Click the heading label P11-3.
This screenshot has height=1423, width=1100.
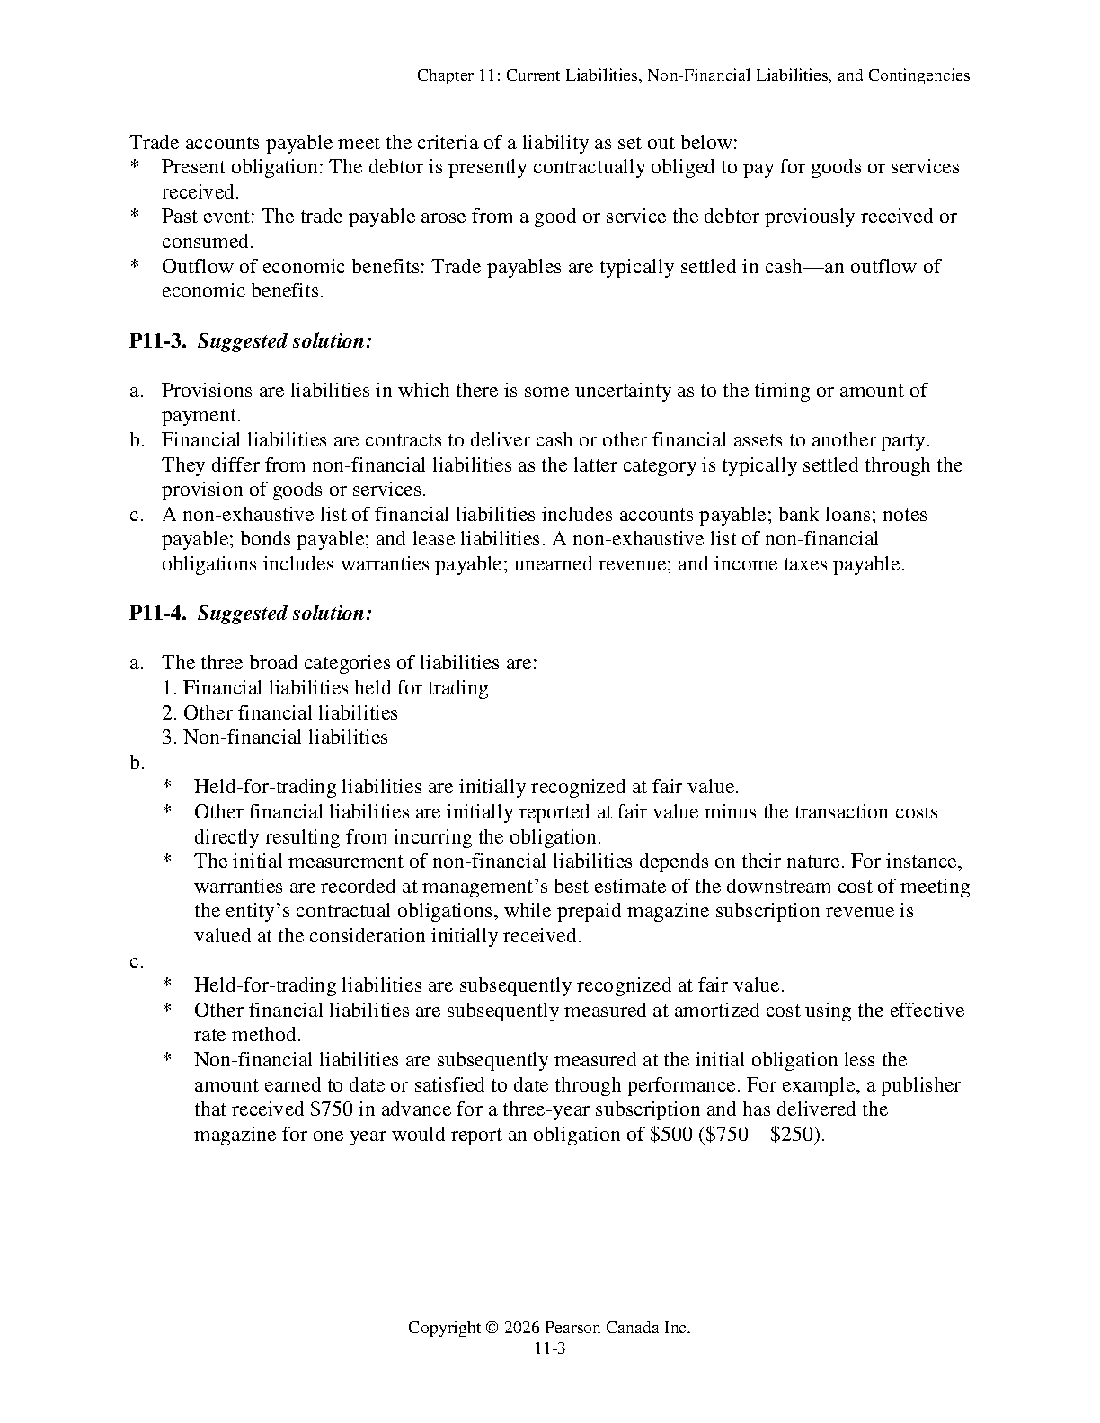coord(157,341)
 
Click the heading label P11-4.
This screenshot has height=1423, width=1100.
coord(157,614)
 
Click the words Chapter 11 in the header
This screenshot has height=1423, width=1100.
coord(457,75)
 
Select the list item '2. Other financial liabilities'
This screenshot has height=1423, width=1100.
coord(280,713)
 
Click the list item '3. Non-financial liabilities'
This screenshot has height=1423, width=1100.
coord(275,738)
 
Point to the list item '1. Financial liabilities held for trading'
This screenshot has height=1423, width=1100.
coord(325,688)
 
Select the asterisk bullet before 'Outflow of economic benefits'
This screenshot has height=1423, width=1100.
coord(135,267)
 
